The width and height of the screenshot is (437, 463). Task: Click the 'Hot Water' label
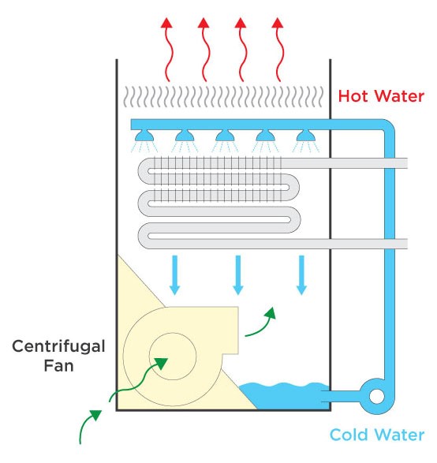pyautogui.click(x=381, y=96)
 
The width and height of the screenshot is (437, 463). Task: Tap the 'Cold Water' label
pyautogui.click(x=377, y=435)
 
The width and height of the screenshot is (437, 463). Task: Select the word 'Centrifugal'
pyautogui.click(x=58, y=347)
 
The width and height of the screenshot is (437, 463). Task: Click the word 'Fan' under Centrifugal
pyautogui.click(x=58, y=365)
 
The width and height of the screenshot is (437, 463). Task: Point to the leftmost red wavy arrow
pyautogui.click(x=166, y=49)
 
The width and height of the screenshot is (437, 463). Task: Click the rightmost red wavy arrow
pyautogui.click(x=278, y=49)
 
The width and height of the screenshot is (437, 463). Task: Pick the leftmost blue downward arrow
pyautogui.click(x=175, y=275)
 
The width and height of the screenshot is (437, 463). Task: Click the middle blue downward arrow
pyautogui.click(x=238, y=275)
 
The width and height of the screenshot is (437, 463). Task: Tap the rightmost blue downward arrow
pyautogui.click(x=301, y=275)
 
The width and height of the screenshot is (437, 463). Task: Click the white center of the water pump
pyautogui.click(x=377, y=396)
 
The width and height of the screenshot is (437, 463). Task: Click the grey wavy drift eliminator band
pyautogui.click(x=223, y=96)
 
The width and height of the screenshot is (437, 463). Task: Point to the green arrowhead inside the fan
pyautogui.click(x=161, y=363)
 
